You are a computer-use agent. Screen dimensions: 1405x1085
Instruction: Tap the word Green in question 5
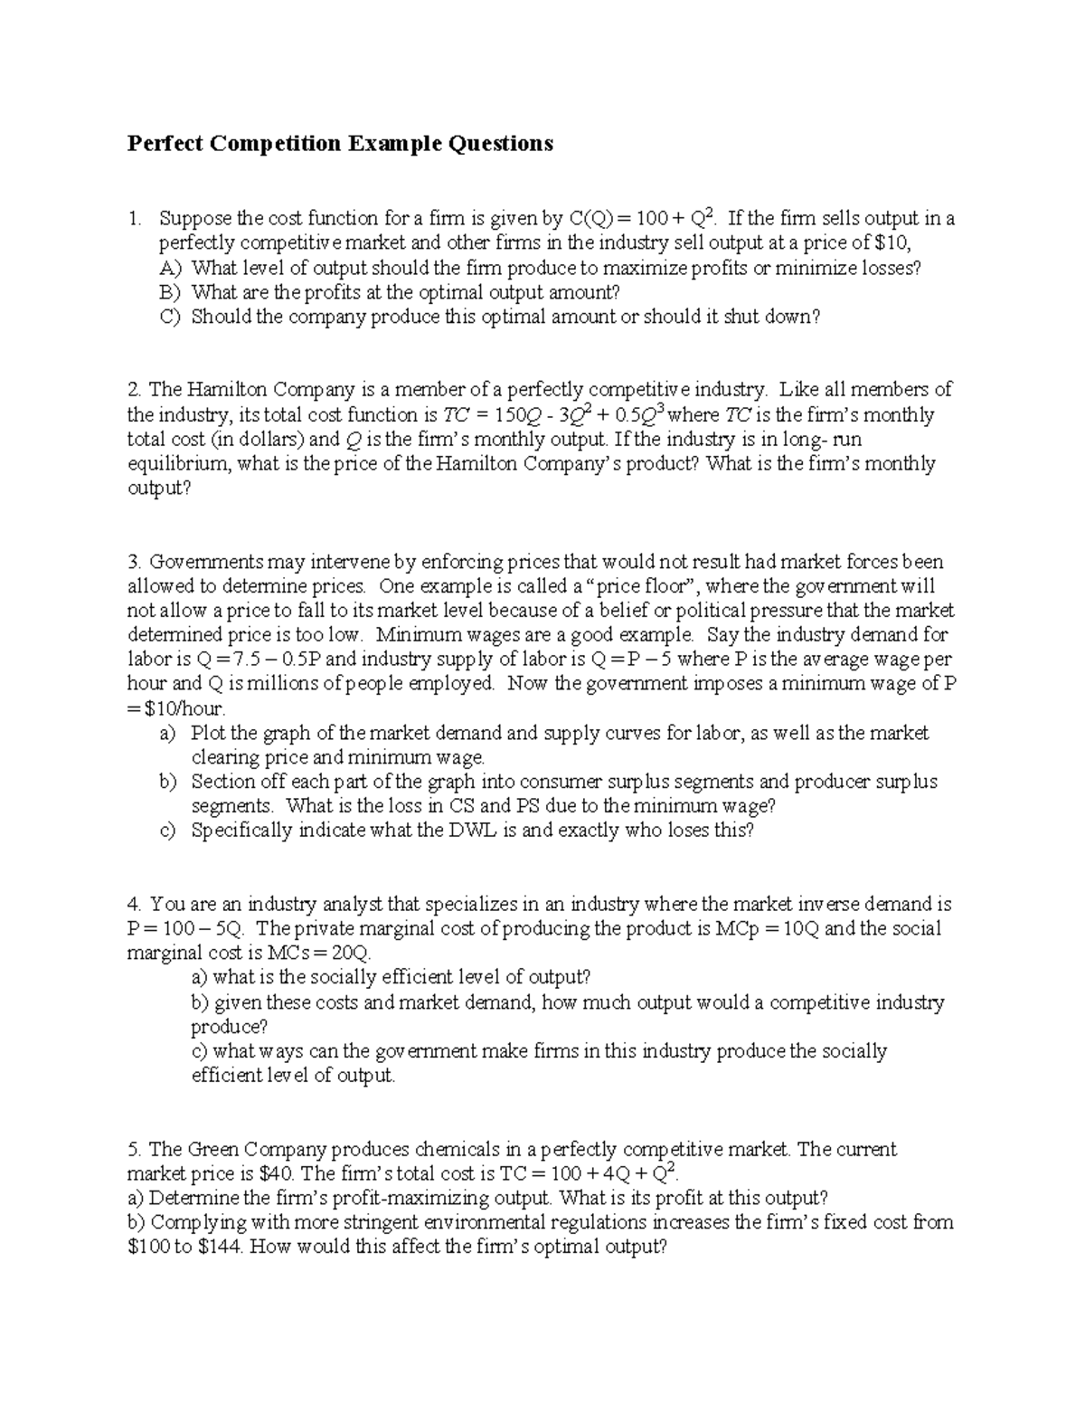(212, 1150)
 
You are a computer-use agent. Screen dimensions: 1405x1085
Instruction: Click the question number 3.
(133, 562)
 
